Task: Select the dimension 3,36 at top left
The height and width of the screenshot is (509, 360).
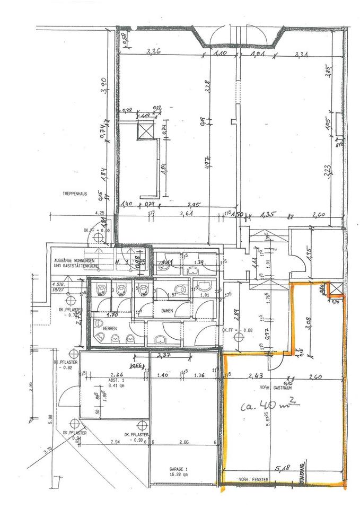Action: point(154,52)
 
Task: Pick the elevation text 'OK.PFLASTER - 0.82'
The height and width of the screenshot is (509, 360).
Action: point(66,364)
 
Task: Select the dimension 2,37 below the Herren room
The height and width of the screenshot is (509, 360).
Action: point(164,356)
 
